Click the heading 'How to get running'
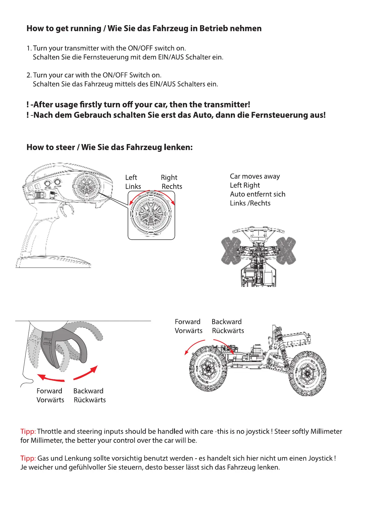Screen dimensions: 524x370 [64, 29]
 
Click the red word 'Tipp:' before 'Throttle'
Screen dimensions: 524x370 [28, 431]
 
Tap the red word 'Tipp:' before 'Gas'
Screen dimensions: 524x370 [28, 458]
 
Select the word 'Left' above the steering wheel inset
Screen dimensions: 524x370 [131, 177]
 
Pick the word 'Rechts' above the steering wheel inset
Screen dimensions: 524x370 [172, 186]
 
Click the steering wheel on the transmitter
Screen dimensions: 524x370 [87, 186]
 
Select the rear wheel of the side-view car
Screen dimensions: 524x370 [308, 373]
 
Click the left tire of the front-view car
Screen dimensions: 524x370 [231, 250]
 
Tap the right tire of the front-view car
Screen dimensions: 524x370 [286, 250]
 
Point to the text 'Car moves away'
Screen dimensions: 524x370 [255, 176]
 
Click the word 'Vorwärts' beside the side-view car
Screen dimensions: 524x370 [188, 330]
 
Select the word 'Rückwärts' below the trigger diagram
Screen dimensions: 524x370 [89, 400]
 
